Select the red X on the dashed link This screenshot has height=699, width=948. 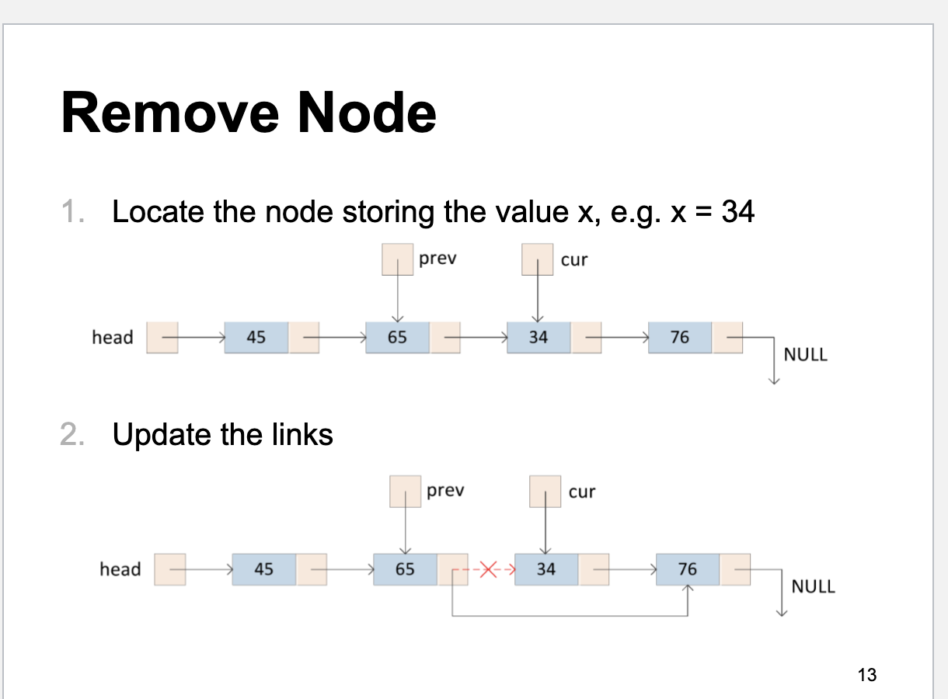click(x=487, y=569)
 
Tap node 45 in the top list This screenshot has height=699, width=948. click(x=256, y=337)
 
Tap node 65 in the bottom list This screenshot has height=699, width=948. click(x=405, y=569)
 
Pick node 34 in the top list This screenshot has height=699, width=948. click(x=538, y=337)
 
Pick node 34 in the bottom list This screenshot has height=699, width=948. click(x=546, y=569)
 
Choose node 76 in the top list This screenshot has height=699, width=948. click(x=680, y=337)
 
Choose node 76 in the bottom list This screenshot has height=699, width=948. click(x=688, y=569)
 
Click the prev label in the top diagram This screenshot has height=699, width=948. click(x=437, y=259)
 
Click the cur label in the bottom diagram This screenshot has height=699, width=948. click(x=582, y=492)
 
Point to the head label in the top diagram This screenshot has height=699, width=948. click(x=113, y=337)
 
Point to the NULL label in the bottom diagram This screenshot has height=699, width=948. click(x=813, y=586)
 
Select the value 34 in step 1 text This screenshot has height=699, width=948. click(x=737, y=211)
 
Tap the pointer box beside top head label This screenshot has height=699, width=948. click(x=162, y=337)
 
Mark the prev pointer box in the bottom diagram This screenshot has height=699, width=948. click(x=405, y=492)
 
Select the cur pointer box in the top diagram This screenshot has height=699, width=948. click(x=538, y=259)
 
